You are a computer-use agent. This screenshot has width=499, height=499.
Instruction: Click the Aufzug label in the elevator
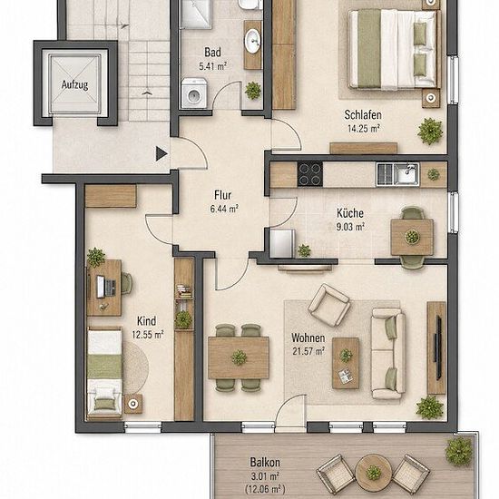pos(74,85)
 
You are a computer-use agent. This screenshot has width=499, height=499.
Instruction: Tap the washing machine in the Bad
pos(194,93)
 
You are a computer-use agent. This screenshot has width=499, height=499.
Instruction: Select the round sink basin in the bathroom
pos(253,41)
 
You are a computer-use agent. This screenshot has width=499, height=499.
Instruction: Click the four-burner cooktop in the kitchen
pos(310,174)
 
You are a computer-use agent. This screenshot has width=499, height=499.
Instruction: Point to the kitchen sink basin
pos(406,173)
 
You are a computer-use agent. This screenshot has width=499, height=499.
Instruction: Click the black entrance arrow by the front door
pos(161,153)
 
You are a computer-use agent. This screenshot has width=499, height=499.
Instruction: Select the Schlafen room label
pos(363,115)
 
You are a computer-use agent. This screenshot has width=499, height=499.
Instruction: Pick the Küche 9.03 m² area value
pos(350,227)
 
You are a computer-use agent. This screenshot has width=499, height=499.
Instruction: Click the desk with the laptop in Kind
pos(104,288)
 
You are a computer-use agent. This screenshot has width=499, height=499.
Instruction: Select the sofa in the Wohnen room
pos(388,353)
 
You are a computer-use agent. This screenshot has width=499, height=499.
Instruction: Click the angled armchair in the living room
pos(329,305)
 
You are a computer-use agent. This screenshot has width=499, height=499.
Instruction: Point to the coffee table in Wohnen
pos(346,363)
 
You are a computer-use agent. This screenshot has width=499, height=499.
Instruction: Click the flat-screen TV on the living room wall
pos(438,347)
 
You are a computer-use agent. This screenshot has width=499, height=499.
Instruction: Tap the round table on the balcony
pos(373,472)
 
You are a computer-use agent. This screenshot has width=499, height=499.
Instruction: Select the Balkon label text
pos(265,462)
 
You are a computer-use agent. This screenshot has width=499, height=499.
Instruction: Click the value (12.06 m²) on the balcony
pos(265,488)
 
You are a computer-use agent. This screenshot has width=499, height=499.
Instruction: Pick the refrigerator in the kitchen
pos(282,243)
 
